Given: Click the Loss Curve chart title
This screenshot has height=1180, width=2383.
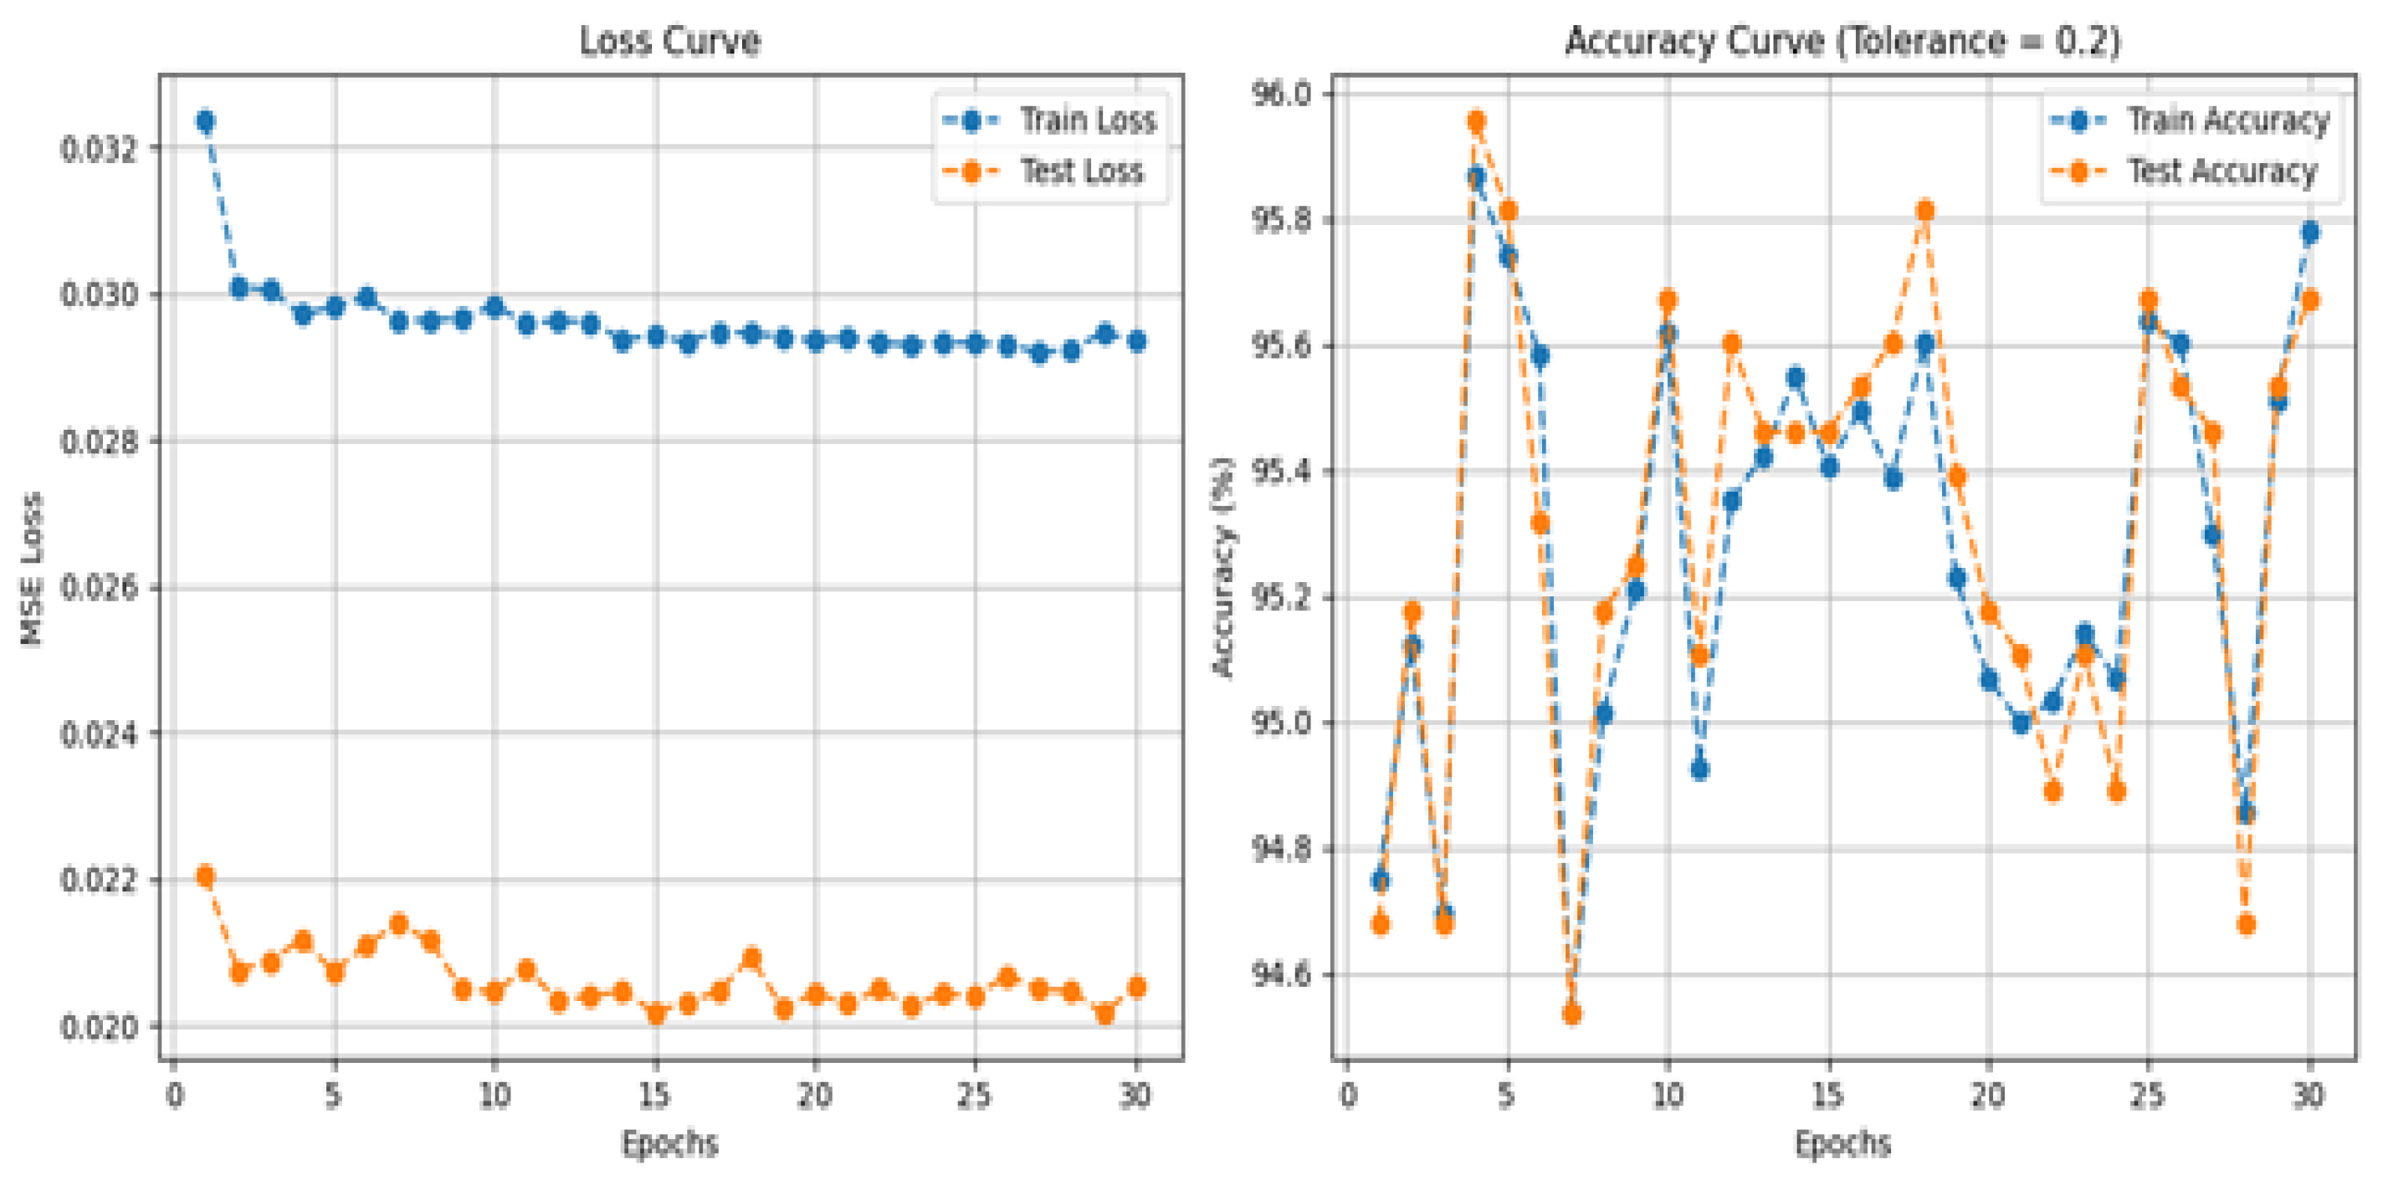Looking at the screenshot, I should pos(669,42).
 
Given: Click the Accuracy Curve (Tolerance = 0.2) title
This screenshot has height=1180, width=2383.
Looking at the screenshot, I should pos(1842,42).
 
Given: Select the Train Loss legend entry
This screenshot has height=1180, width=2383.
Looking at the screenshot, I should pos(1087,120).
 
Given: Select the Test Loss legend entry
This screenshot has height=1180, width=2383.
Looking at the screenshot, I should pos(1080,171).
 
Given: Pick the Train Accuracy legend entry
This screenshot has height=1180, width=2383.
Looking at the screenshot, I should pos(2227,120).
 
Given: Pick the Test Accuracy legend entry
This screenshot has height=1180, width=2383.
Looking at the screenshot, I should pos(2222,171).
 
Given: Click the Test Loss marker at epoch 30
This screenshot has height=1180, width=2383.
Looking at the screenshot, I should pos(1137,987).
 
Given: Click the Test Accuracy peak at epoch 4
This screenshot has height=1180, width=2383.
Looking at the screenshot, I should pos(1477,121).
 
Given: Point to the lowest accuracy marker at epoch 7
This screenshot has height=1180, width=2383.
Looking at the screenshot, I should pos(1571,1014).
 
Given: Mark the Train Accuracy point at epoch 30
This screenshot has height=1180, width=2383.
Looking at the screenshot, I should pos(2310,232).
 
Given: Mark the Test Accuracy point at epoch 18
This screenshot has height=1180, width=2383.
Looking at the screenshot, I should pos(1925,211).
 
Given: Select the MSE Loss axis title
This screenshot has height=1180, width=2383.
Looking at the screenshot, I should pos(33,568).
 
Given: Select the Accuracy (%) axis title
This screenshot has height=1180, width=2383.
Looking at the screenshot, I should pos(1224,568).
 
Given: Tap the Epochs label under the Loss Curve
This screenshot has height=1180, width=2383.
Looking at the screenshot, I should pos(669,1143).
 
